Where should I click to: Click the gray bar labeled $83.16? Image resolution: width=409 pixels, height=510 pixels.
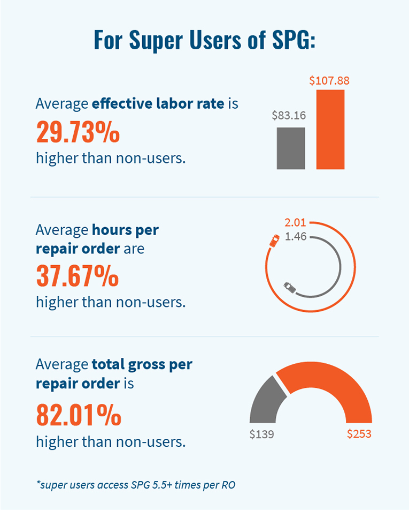(291, 148)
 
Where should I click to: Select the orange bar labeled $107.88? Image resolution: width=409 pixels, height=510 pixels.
(330, 130)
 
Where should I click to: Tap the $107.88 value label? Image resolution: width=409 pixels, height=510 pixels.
(329, 80)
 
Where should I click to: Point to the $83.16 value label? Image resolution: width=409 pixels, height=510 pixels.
(289, 115)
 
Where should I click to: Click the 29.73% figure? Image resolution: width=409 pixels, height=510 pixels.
(78, 132)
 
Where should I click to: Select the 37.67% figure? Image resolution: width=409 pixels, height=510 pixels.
(78, 275)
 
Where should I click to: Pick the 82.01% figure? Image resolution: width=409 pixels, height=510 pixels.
(79, 415)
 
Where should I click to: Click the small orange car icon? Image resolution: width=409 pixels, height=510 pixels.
(275, 241)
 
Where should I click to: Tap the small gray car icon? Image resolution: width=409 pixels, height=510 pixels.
(290, 288)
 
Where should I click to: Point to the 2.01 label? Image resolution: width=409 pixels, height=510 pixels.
(295, 222)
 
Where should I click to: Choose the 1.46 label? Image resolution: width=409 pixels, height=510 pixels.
(296, 236)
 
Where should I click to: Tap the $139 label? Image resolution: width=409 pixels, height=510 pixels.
(261, 434)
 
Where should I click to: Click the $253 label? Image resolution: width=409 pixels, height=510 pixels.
(359, 434)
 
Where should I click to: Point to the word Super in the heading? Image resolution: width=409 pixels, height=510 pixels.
(156, 41)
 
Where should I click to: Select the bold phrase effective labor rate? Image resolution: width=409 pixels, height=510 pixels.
(158, 103)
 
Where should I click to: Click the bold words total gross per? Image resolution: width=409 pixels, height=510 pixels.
(142, 365)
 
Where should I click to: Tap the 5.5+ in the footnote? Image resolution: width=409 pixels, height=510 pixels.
(163, 485)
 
